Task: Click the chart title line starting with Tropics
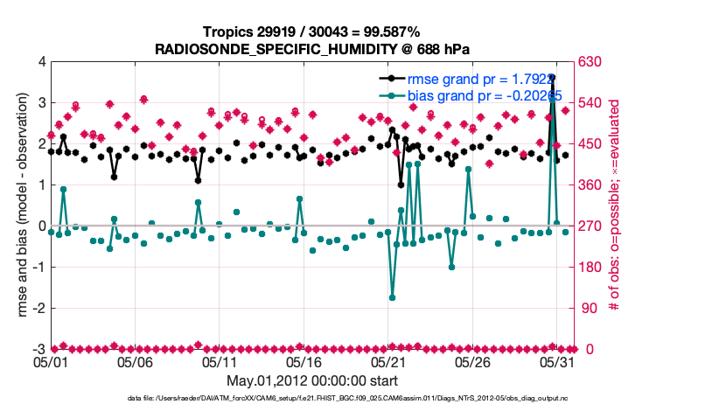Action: [x=312, y=31]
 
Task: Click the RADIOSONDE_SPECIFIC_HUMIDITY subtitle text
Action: [x=312, y=49]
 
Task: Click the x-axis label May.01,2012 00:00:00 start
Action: [x=312, y=380]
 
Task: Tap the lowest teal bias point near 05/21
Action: [x=392, y=298]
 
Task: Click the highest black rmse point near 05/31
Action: [x=552, y=77]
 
